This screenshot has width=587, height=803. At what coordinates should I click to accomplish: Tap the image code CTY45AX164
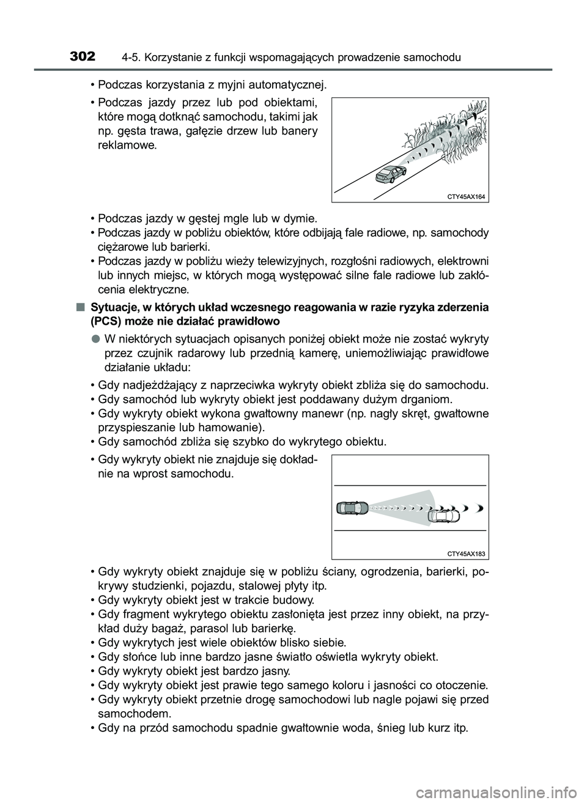click(x=466, y=196)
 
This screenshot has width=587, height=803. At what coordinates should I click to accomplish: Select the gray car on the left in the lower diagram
click(x=352, y=508)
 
